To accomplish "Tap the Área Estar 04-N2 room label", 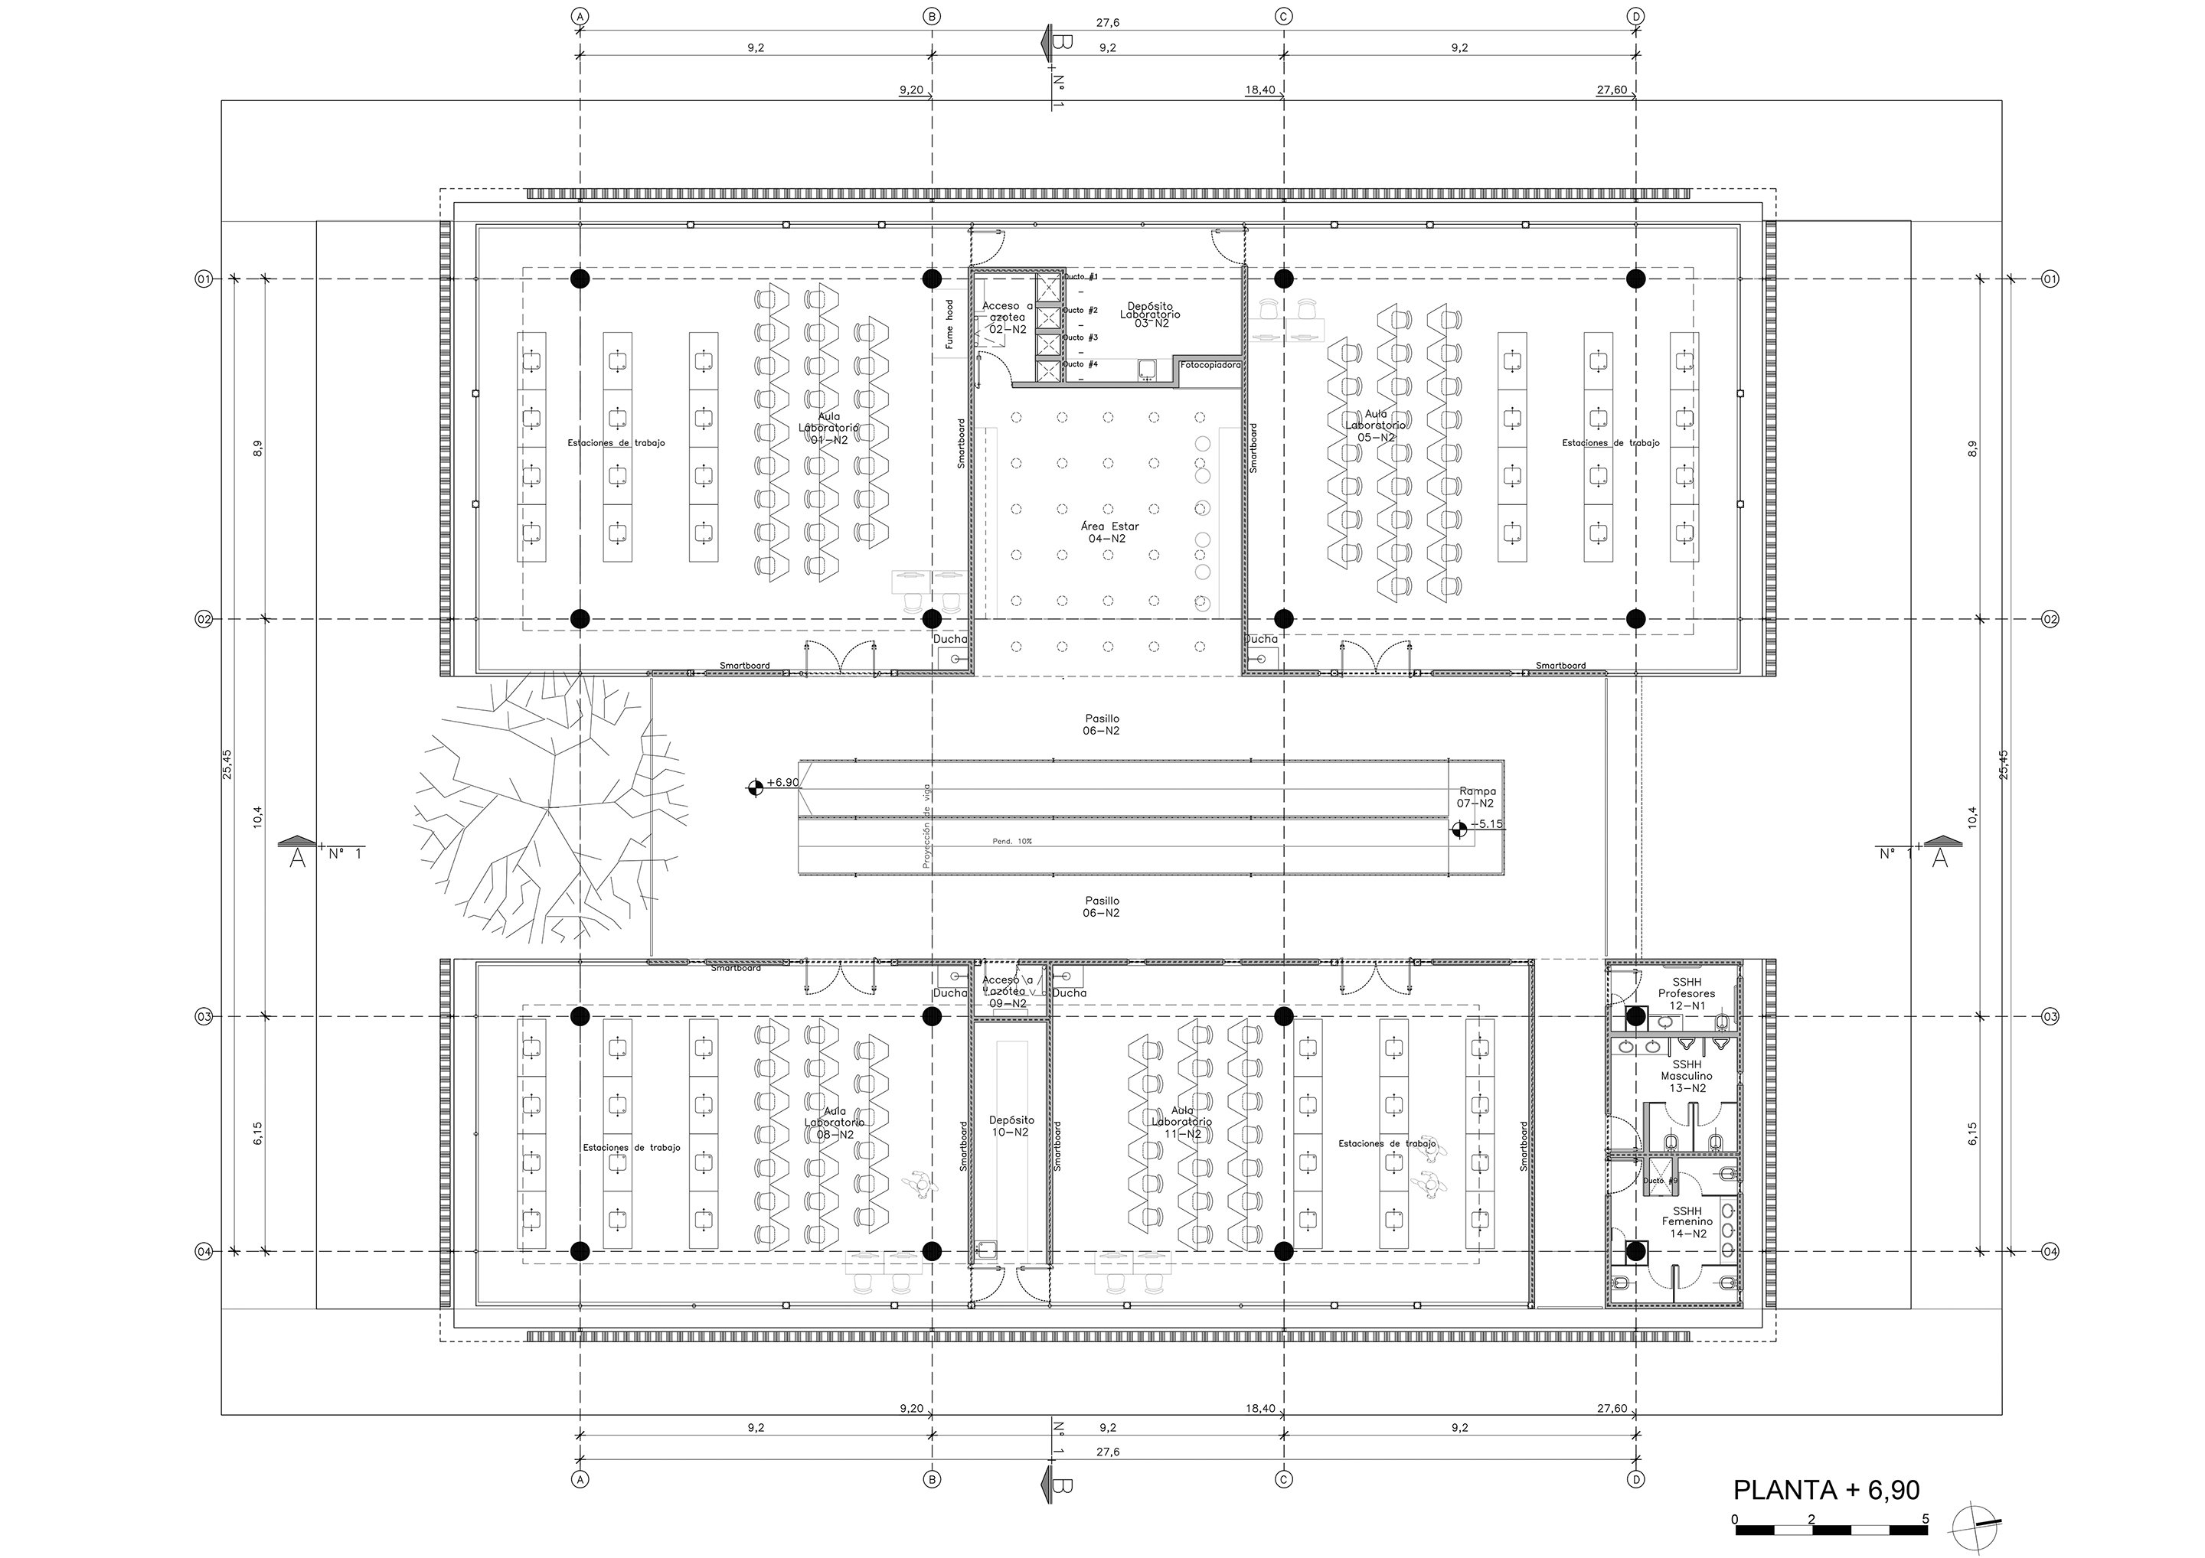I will pos(1106,533).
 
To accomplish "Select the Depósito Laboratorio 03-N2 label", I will pos(1149,314).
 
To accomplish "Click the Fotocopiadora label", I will pos(1210,365).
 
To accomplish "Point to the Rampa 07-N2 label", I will pos(1475,797).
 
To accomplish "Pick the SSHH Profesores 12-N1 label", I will pos(1687,993).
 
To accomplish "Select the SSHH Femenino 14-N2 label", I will pos(1687,1221).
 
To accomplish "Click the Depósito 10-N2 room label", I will pos(1011,1126).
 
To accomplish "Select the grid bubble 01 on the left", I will pos(204,279).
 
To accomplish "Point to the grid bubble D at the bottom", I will pos(1636,1479).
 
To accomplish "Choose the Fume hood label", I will pos(949,324).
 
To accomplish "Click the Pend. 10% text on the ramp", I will pos(1012,841).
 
